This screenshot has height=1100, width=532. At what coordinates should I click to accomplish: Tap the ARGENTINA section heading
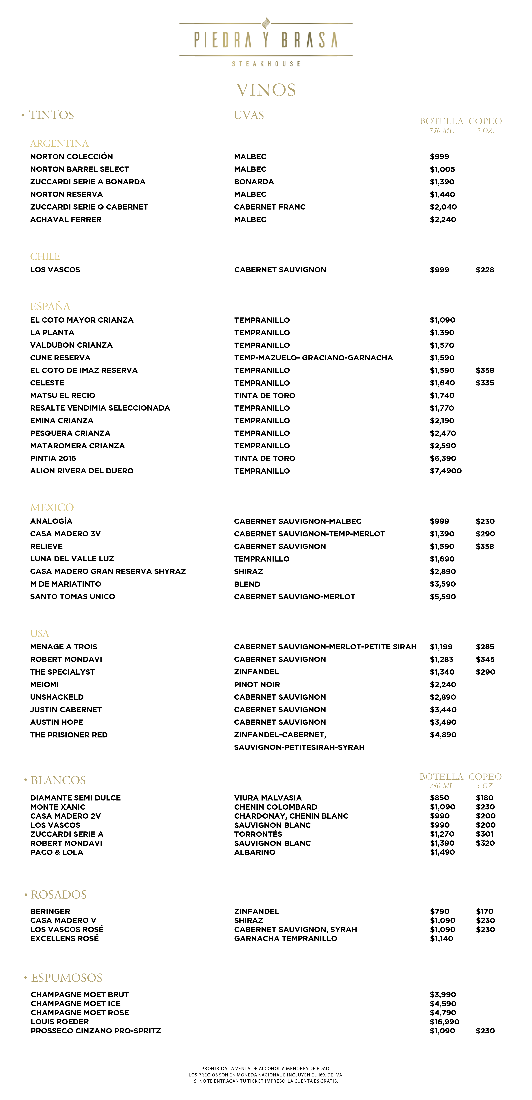click(x=59, y=143)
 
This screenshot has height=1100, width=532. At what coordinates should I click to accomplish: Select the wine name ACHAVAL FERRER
click(x=66, y=219)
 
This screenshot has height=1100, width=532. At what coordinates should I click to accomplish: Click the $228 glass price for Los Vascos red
click(x=485, y=270)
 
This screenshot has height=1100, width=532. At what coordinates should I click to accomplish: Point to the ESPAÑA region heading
click(x=50, y=306)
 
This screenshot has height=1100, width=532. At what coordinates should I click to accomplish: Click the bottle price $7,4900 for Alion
click(x=445, y=471)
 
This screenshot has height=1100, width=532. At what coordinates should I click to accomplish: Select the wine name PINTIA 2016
click(x=53, y=458)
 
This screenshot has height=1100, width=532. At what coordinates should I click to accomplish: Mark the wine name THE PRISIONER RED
click(x=69, y=735)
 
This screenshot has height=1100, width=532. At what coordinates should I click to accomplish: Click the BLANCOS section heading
click(x=58, y=780)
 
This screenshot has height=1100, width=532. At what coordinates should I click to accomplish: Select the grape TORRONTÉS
click(x=258, y=834)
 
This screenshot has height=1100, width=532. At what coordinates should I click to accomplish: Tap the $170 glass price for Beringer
click(x=485, y=911)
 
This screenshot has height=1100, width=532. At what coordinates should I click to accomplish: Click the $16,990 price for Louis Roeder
click(x=444, y=1021)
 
